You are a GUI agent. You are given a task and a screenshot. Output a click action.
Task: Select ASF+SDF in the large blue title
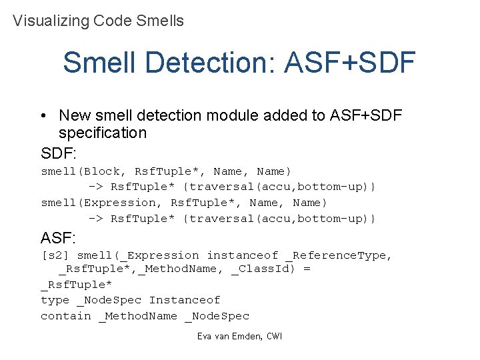349,63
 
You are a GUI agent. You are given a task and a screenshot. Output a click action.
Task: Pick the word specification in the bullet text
103,133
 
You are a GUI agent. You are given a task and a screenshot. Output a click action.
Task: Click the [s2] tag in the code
55,255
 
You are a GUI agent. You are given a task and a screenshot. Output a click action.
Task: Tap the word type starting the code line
55,300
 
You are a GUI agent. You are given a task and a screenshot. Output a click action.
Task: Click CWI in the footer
274,337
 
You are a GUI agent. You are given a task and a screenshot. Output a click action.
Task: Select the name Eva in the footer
205,337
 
